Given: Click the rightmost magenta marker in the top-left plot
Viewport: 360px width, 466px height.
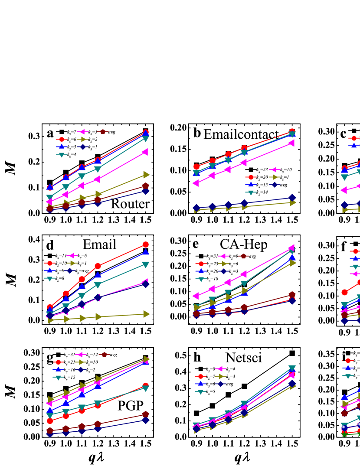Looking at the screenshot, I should tap(145, 152).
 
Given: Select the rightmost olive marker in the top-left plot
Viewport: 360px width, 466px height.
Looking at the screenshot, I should tap(146, 175).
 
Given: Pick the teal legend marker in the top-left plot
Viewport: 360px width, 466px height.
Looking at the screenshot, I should tap(62, 155).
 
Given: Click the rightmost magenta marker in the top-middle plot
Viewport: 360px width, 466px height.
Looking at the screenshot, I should tap(291, 143).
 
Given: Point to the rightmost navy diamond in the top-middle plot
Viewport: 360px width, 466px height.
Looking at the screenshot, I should tap(292, 198).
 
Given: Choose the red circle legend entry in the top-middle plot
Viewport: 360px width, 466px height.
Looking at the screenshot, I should tap(251, 177).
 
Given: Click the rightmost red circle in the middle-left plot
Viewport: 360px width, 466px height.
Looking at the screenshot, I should tap(145, 244).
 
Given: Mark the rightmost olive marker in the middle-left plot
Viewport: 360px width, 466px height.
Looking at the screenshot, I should tap(146, 314).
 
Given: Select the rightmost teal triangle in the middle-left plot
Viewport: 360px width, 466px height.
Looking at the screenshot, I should tap(145, 264).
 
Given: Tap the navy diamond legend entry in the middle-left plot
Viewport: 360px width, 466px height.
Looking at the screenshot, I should tap(69, 271).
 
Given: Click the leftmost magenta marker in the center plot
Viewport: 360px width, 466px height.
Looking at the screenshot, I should tap(196, 296).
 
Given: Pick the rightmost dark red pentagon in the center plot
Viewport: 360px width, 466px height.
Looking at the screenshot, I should tap(292, 295).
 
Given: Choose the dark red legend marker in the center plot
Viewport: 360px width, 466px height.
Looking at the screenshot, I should tap(244, 256).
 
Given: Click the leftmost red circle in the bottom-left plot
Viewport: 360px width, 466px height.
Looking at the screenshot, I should tap(50, 421).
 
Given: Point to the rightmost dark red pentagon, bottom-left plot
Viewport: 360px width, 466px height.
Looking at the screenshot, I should tap(145, 414).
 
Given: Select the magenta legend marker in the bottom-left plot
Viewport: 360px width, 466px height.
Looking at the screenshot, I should tap(80, 355).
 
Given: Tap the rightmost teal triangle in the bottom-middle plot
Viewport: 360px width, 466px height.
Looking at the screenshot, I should tap(292, 368).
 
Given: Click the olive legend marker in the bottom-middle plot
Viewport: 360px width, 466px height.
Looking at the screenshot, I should tap(221, 376).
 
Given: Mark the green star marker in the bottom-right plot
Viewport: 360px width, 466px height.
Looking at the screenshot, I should tap(344, 434).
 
